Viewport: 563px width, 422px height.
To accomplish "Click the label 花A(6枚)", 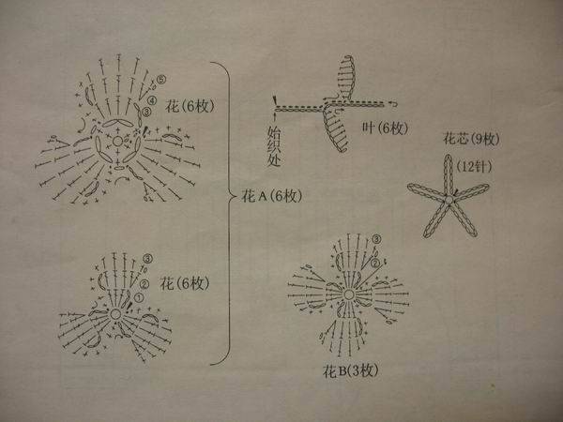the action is (272, 196).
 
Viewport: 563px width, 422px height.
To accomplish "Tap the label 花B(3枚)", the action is (350, 370).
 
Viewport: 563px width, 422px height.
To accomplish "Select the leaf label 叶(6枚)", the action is (385, 128).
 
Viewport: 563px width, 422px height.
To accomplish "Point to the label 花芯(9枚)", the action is (471, 139).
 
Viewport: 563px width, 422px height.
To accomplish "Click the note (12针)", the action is (474, 167).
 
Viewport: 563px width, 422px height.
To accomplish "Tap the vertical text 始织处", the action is (274, 146).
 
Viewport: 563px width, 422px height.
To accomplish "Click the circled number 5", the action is (161, 79).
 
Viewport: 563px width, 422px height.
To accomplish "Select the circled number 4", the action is (152, 100).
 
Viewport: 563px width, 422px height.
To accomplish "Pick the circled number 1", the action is (139, 297).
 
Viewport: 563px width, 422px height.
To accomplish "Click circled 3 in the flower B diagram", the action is (376, 239).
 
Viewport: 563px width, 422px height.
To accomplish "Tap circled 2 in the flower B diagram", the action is (374, 264).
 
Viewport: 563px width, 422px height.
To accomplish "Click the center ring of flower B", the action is (349, 295).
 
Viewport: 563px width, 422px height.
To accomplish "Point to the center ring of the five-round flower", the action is (117, 141).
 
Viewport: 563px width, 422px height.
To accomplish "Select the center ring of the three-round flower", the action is (115, 314).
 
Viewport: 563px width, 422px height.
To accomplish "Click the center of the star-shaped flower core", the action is (449, 199).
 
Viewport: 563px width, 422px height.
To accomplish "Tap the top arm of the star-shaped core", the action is (449, 174).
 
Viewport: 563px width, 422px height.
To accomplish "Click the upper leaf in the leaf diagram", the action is (346, 77).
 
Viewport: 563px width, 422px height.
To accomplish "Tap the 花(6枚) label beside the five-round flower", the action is (190, 106).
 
